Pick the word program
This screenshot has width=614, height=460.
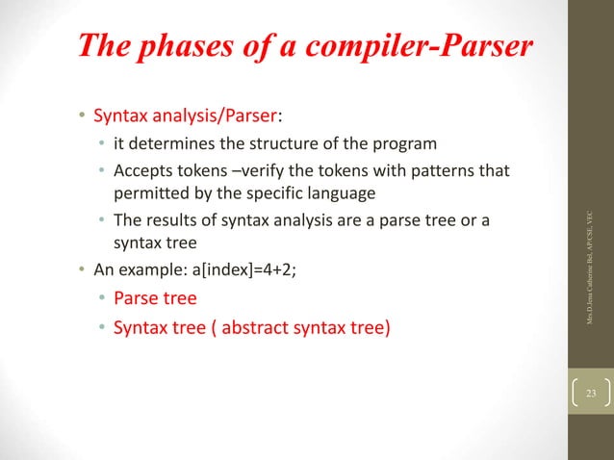[x=402, y=144]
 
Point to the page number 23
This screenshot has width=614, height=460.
[x=590, y=394]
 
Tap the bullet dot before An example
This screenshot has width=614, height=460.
[x=83, y=268]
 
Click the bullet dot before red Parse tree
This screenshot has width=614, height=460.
[x=103, y=298]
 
